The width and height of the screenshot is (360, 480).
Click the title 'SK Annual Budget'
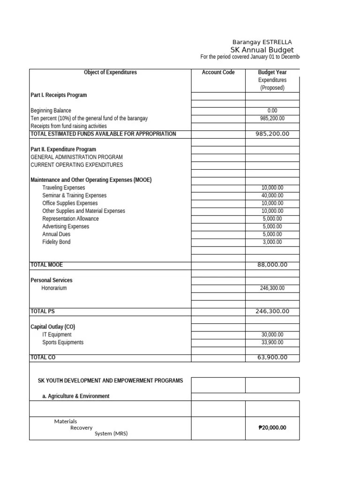[x=262, y=50]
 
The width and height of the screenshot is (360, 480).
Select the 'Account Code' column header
[x=218, y=73]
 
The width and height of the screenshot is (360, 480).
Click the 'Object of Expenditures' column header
[x=110, y=73]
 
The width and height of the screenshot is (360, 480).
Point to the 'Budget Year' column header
[x=272, y=73]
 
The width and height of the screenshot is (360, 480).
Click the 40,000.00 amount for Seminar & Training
[x=272, y=195]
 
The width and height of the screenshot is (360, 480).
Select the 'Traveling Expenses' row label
[x=64, y=187]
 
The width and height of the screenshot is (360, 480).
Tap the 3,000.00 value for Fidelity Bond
[x=272, y=242]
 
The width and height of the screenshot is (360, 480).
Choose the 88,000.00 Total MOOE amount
[x=272, y=265]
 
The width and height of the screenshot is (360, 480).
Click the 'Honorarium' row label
[x=54, y=288]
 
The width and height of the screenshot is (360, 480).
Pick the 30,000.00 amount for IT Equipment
[x=272, y=335]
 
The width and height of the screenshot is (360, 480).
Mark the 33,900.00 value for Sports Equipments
[x=272, y=342]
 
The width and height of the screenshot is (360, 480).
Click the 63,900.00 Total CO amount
[x=272, y=358]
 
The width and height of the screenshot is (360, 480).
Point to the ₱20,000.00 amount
[x=272, y=427]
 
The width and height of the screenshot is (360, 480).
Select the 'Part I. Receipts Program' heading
[x=59, y=95]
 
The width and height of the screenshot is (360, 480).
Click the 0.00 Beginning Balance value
[x=272, y=111]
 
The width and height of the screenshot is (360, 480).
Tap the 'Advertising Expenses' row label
[x=66, y=226]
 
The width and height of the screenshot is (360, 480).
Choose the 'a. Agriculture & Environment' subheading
[x=76, y=396]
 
